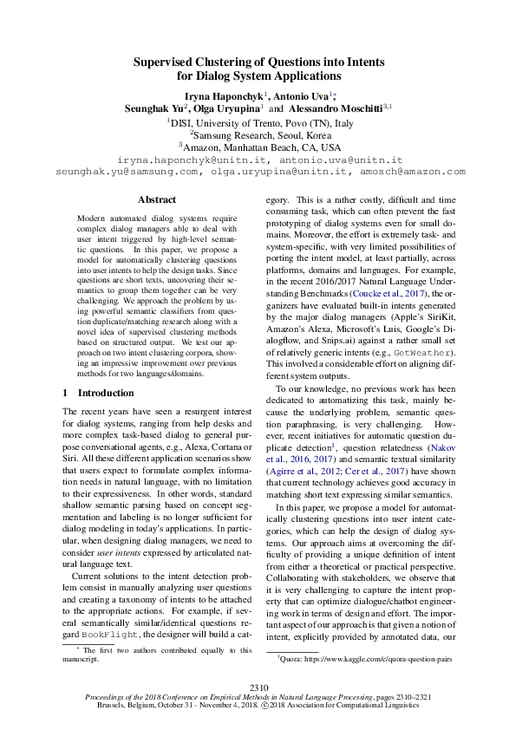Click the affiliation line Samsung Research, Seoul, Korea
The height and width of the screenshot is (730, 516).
point(260,135)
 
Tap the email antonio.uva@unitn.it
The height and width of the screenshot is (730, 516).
point(343,160)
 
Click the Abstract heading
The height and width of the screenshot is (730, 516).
point(157,199)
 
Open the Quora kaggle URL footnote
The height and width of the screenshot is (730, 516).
point(365,659)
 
